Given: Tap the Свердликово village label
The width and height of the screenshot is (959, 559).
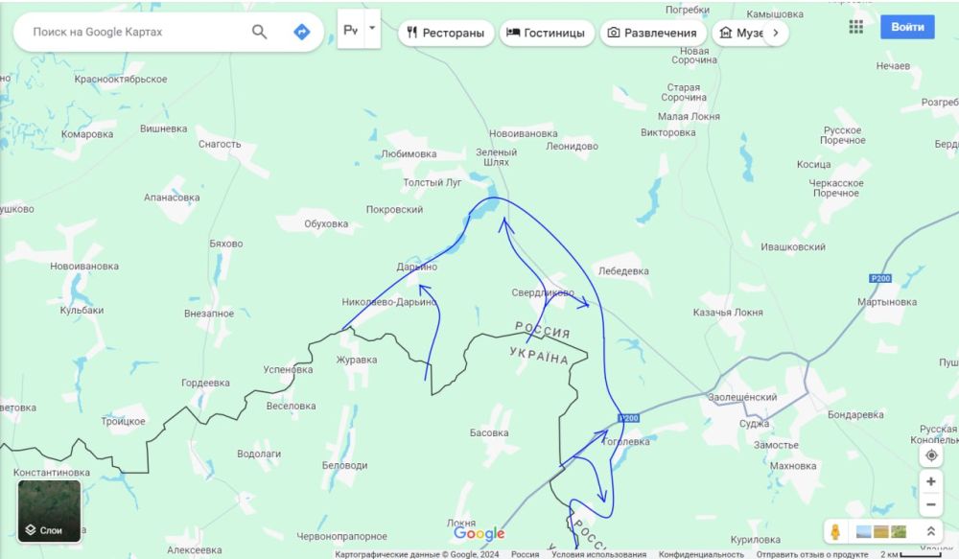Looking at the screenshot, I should (x=542, y=292).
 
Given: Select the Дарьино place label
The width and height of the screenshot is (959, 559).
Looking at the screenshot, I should (x=417, y=267).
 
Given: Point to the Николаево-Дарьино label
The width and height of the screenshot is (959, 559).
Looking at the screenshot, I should (x=389, y=302).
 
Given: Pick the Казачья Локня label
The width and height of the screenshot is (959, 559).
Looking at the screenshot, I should (x=728, y=313).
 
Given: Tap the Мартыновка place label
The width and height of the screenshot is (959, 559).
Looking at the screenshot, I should (x=887, y=302).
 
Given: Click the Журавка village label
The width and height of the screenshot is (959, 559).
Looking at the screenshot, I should (x=357, y=361).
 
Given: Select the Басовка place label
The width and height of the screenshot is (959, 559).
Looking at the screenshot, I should (x=489, y=433).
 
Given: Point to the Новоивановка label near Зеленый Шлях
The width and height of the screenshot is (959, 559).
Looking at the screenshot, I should (x=523, y=133).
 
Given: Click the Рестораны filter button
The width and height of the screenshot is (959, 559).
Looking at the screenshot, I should (x=447, y=33).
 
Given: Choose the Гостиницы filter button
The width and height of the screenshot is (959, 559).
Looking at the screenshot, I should (x=547, y=33).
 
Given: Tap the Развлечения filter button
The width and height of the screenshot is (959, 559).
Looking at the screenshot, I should (x=653, y=33).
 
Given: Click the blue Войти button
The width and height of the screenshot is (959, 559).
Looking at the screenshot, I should (x=907, y=27).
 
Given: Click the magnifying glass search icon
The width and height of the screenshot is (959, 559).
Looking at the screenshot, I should (x=260, y=32).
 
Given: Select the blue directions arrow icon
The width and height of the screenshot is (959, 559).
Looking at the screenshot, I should (x=301, y=32).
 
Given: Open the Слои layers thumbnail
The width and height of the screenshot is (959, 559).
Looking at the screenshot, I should (x=49, y=511).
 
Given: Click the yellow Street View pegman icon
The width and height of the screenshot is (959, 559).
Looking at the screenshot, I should (x=835, y=531).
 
